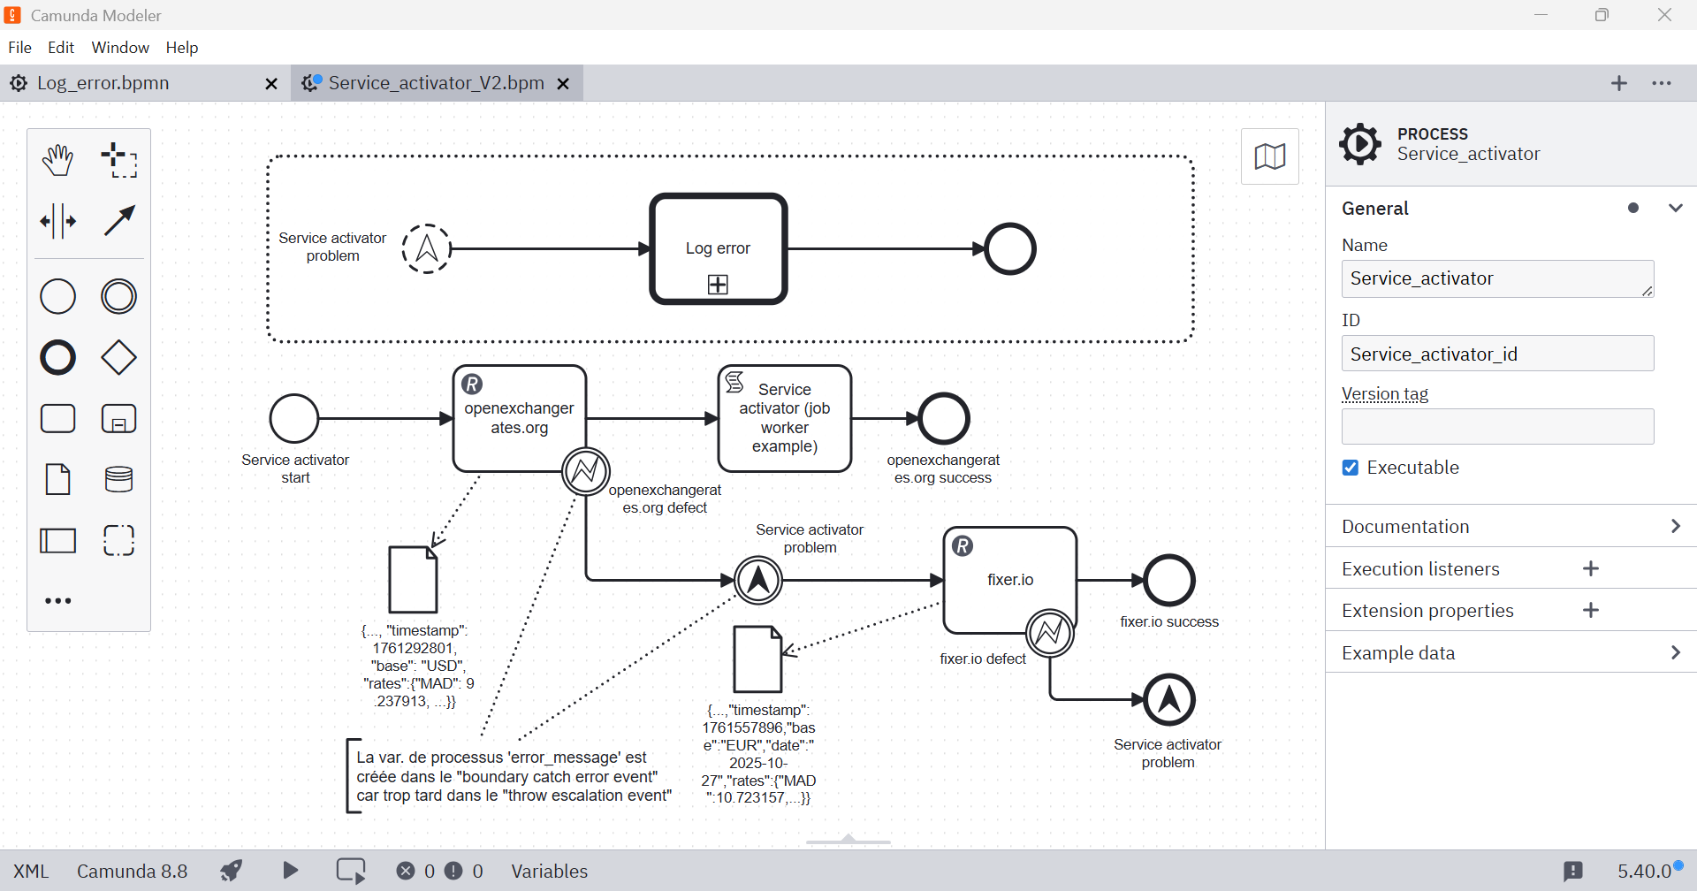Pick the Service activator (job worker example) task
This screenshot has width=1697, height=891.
785,418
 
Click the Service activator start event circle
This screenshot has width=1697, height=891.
294,418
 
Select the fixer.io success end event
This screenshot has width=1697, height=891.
1169,581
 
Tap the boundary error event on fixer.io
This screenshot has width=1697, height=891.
1050,633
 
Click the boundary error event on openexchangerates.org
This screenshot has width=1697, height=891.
586,471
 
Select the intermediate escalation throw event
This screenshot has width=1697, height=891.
758,581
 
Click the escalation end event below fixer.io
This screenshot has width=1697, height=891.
1169,699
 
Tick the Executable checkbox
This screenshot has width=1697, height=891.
1351,468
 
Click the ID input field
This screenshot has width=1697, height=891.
1497,354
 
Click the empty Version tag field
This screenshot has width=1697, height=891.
1497,427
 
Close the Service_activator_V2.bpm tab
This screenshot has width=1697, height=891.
563,83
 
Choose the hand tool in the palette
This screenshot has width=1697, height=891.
58,160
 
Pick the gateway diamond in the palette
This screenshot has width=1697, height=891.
118,358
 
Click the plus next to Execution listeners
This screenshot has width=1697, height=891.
1591,568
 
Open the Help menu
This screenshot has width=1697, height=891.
182,48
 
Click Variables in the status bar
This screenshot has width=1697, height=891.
549,871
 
